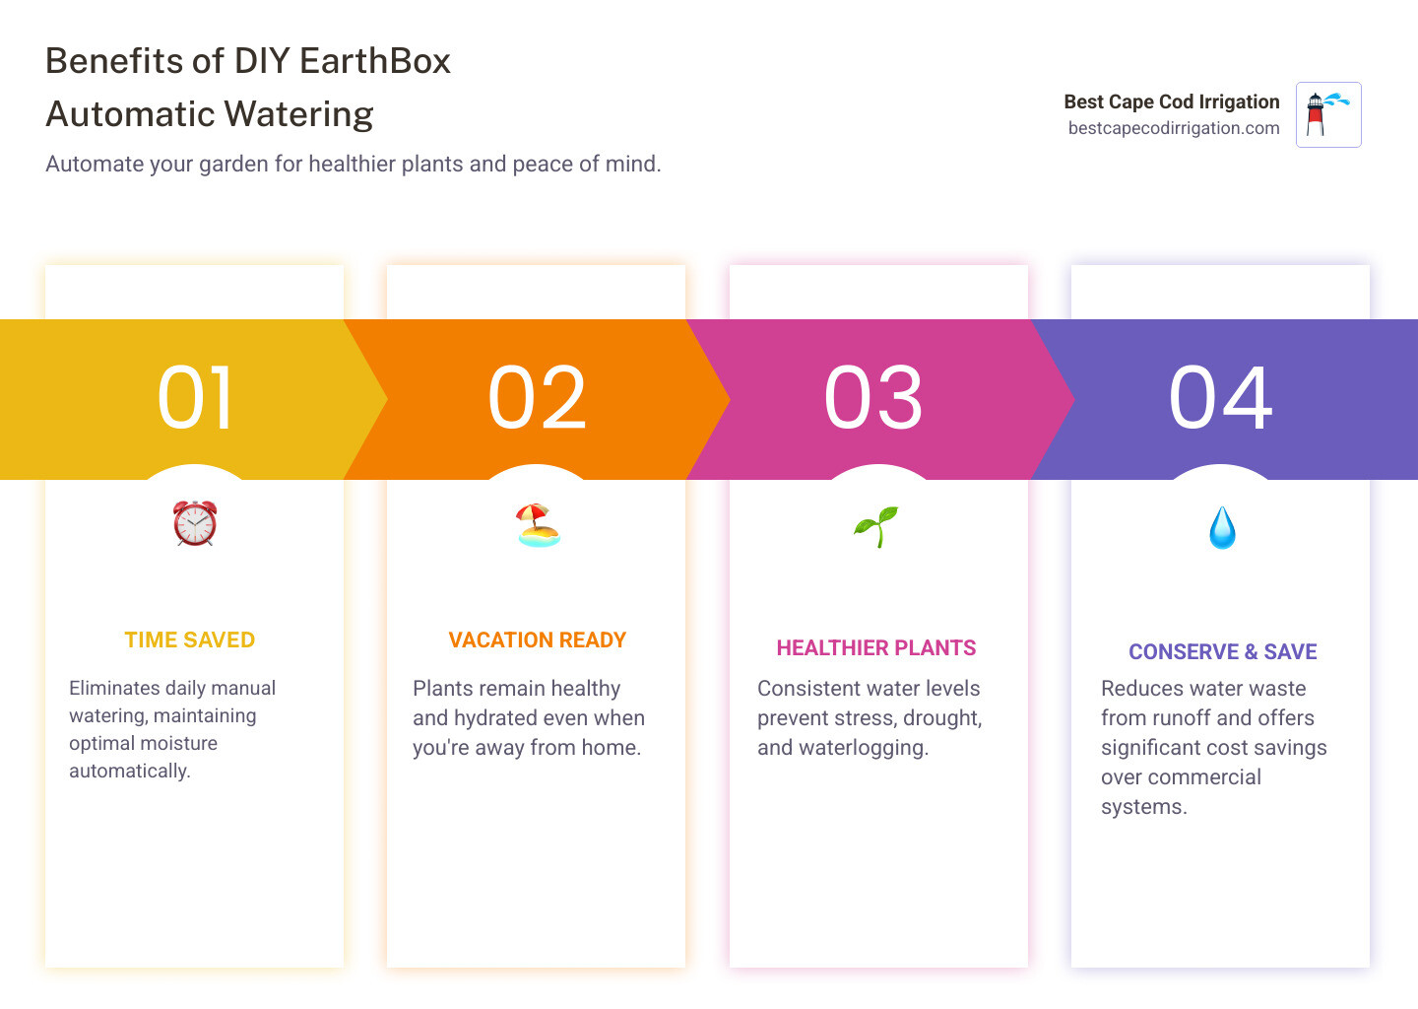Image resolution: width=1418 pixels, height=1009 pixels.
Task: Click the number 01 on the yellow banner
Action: pos(195,398)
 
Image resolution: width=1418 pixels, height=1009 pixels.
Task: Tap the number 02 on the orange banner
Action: pos(537,398)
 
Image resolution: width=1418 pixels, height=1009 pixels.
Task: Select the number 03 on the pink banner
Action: pos(873,398)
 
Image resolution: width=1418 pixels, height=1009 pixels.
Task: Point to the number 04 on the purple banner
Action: pos(1220,398)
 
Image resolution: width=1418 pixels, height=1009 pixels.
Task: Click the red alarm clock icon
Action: pos(195,523)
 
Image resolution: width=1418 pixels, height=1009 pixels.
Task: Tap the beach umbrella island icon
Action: pos(538,525)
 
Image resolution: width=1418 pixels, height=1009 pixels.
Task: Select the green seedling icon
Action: pos(876,526)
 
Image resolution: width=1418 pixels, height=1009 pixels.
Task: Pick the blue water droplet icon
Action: pos(1222,528)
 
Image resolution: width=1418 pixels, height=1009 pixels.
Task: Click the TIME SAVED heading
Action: pos(190,640)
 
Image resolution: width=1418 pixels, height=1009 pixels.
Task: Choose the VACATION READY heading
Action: pos(538,640)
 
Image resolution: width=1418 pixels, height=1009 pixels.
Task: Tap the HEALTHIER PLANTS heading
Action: pos(876,648)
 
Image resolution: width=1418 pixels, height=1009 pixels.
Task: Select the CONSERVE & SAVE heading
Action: pos(1223,652)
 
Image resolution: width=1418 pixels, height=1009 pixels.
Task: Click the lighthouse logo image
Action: pos(1328,114)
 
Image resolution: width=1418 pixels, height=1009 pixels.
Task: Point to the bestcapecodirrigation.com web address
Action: pos(1174,128)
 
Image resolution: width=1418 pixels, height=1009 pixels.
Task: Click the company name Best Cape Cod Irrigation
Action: pos(1172,101)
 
